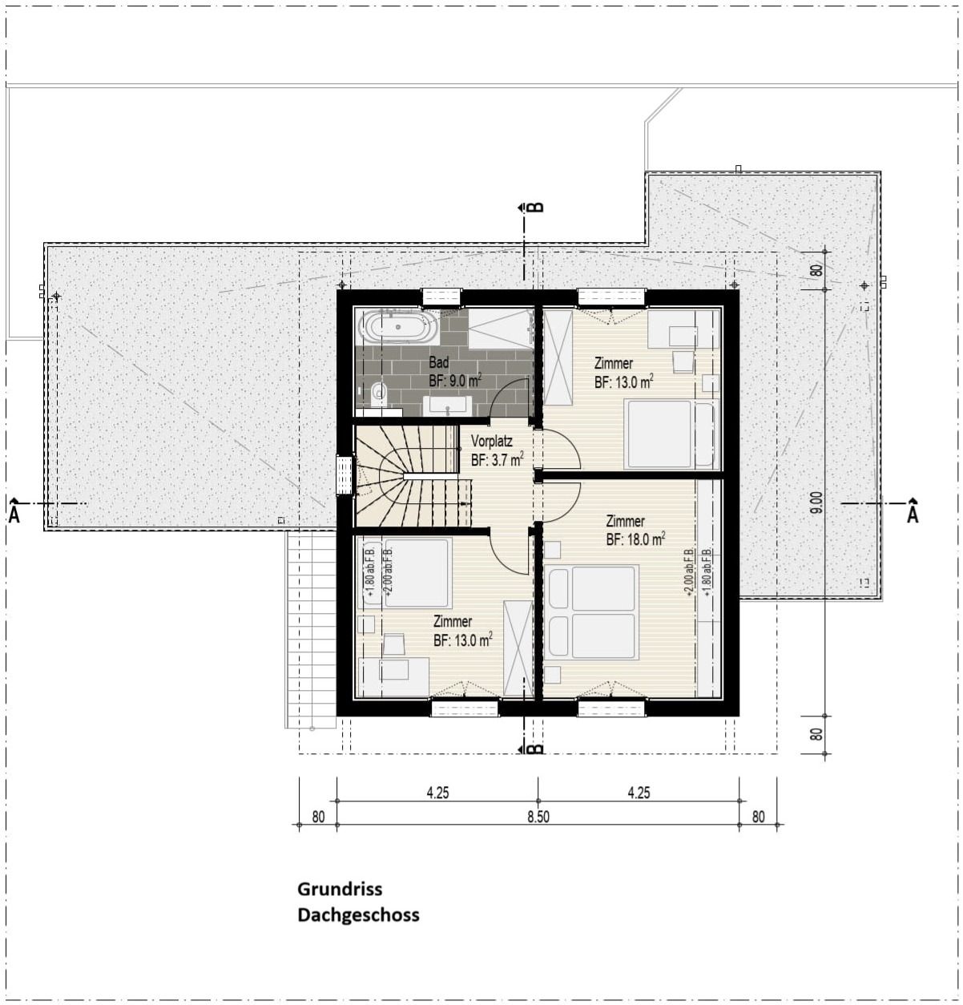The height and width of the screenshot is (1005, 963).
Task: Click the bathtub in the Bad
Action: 397,327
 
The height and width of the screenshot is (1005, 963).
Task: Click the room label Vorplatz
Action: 491,442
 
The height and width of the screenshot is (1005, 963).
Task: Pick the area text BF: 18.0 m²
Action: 635,540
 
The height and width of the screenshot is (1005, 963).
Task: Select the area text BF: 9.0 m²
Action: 454,381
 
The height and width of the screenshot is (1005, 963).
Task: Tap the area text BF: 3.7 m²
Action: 497,460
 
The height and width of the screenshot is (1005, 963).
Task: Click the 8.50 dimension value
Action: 538,817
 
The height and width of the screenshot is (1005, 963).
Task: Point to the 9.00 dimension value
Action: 816,502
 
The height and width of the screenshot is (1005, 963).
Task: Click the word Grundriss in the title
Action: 340,889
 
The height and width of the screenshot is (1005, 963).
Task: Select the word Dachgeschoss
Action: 358,914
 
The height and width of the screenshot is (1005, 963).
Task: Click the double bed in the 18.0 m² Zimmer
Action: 594,612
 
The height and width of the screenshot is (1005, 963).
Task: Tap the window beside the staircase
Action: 345,475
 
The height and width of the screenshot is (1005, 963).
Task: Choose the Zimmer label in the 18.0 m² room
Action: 625,521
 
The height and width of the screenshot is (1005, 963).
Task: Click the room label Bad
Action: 438,363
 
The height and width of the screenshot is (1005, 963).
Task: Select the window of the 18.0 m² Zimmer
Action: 610,708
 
